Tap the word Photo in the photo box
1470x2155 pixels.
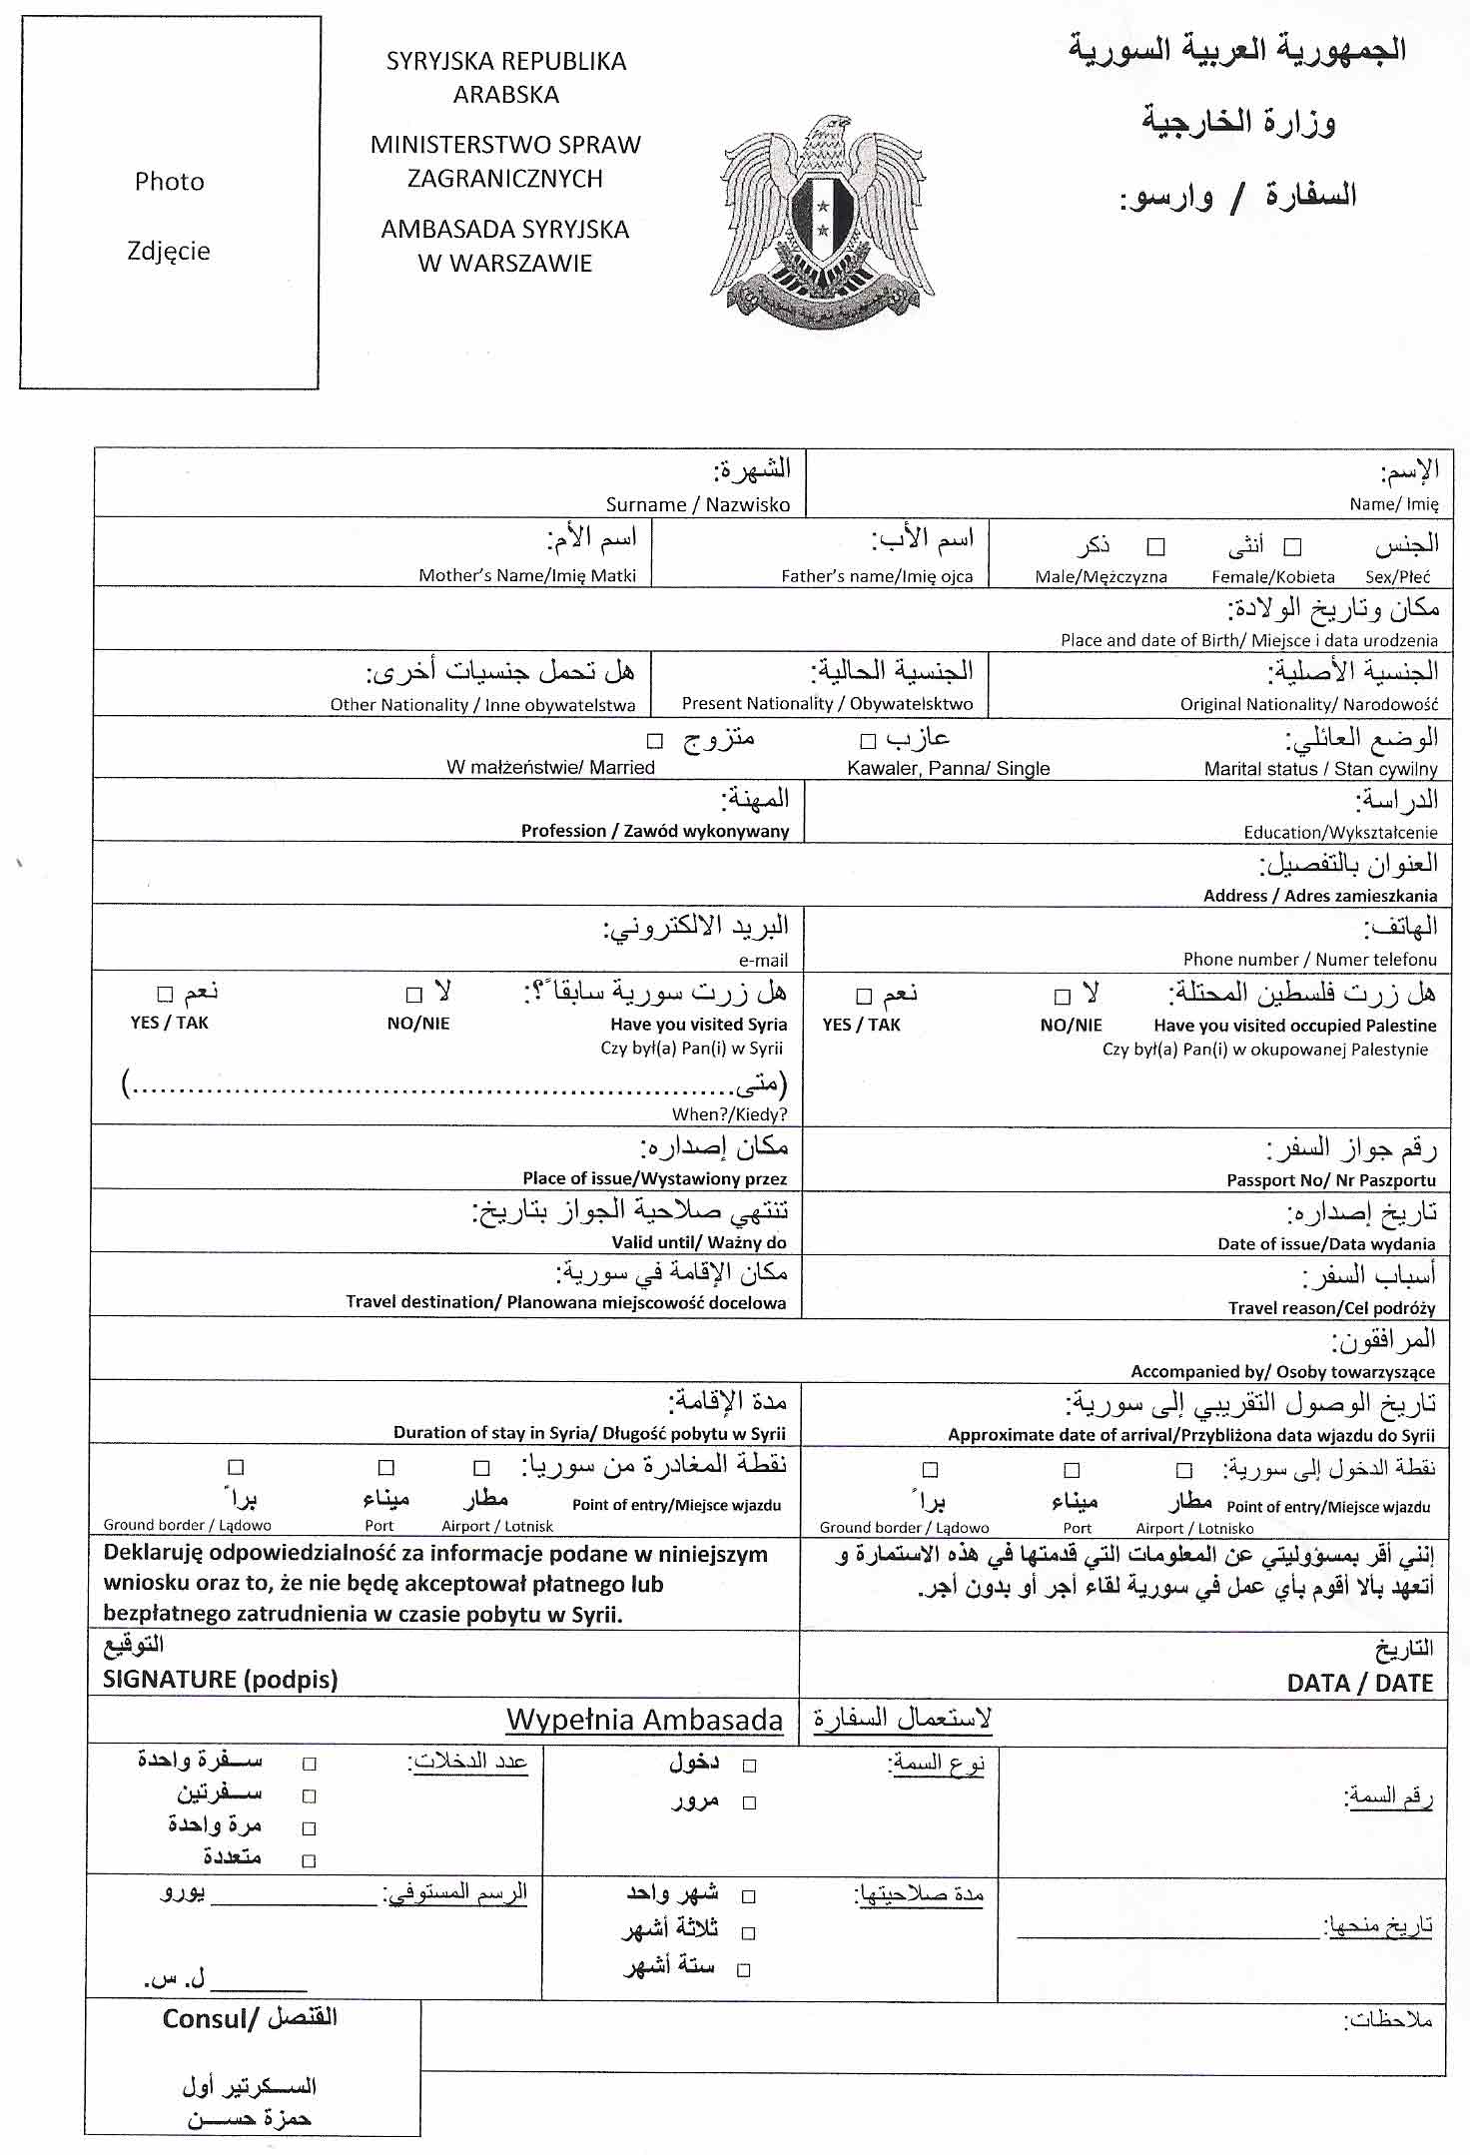(169, 181)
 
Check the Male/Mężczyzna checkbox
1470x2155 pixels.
(1155, 547)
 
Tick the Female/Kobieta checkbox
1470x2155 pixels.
(1292, 547)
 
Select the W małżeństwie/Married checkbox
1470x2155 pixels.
(654, 741)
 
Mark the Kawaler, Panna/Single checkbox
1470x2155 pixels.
(868, 741)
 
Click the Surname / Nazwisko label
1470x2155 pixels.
(697, 504)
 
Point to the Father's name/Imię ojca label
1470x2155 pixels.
(876, 576)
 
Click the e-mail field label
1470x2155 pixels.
(763, 960)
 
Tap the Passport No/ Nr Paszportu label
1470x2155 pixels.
(1330, 1179)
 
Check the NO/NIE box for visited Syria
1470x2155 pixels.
(414, 995)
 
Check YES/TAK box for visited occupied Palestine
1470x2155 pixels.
(864, 996)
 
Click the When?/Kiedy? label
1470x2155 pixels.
(729, 1114)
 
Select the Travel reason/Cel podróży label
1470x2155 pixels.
(1331, 1307)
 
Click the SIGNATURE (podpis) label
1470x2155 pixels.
(220, 1680)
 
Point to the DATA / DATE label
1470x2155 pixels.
(1359, 1683)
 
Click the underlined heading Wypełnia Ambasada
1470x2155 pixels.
(644, 1720)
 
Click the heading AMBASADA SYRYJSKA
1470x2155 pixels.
(504, 230)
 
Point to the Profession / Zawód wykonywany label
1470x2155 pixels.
(654, 831)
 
